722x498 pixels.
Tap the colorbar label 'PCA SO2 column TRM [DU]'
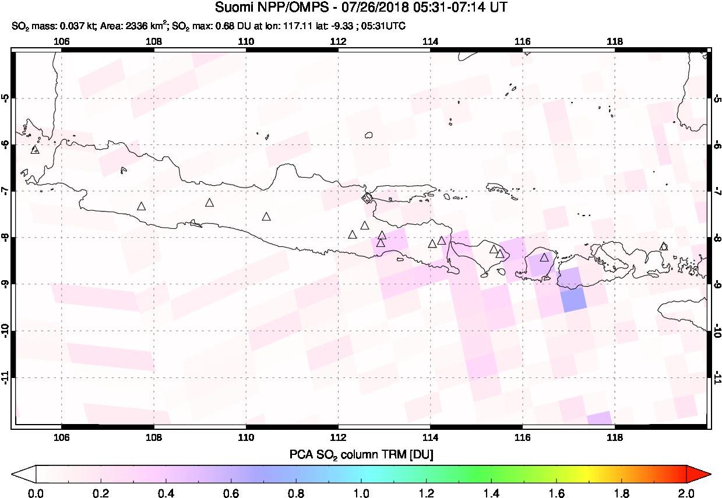(x=361, y=454)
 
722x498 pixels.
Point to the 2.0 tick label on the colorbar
(x=686, y=493)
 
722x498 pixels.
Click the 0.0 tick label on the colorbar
(x=37, y=493)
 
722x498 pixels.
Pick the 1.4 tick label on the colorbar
(x=491, y=493)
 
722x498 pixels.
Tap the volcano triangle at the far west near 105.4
(x=35, y=150)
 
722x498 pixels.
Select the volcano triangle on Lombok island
(x=544, y=257)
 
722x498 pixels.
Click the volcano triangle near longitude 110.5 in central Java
(x=266, y=217)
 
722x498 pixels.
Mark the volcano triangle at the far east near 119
(x=663, y=246)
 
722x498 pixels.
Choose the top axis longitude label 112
(x=338, y=41)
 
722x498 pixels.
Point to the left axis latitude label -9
(x=6, y=285)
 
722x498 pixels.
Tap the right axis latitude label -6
(x=716, y=145)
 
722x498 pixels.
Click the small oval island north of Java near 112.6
(x=368, y=135)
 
